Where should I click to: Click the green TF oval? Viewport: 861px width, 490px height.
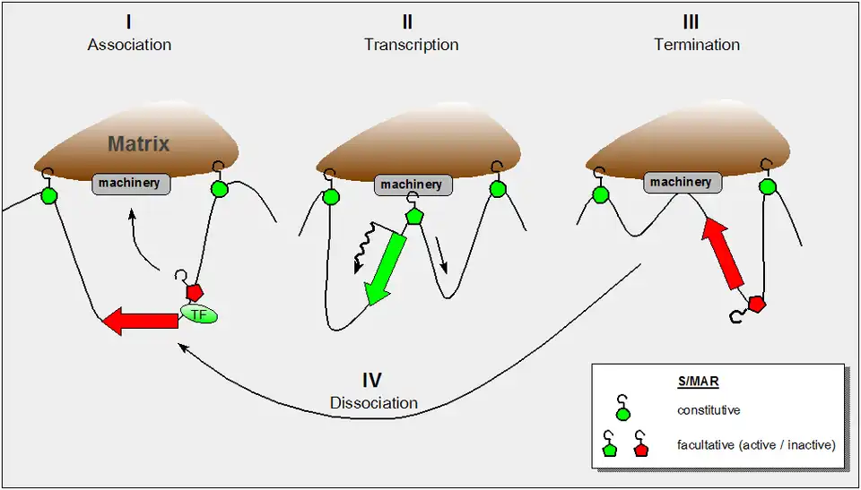click(x=199, y=314)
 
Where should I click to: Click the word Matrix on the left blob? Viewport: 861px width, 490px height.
click(x=138, y=143)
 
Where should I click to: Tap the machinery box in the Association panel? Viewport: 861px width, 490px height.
click(x=130, y=184)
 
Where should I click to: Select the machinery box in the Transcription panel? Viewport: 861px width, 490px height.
click(x=412, y=185)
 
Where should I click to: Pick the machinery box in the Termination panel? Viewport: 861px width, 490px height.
click(x=682, y=183)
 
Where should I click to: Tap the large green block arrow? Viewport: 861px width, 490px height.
click(x=384, y=270)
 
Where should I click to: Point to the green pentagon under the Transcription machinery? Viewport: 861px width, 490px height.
click(x=413, y=216)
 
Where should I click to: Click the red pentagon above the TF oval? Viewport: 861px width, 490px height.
click(x=194, y=292)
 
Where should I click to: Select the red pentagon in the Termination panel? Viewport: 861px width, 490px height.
click(x=756, y=304)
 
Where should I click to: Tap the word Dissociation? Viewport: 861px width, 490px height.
click(x=373, y=403)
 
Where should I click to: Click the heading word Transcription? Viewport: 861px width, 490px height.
click(x=411, y=45)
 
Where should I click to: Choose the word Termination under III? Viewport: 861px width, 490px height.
click(x=697, y=45)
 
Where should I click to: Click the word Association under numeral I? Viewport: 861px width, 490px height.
click(x=129, y=45)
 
